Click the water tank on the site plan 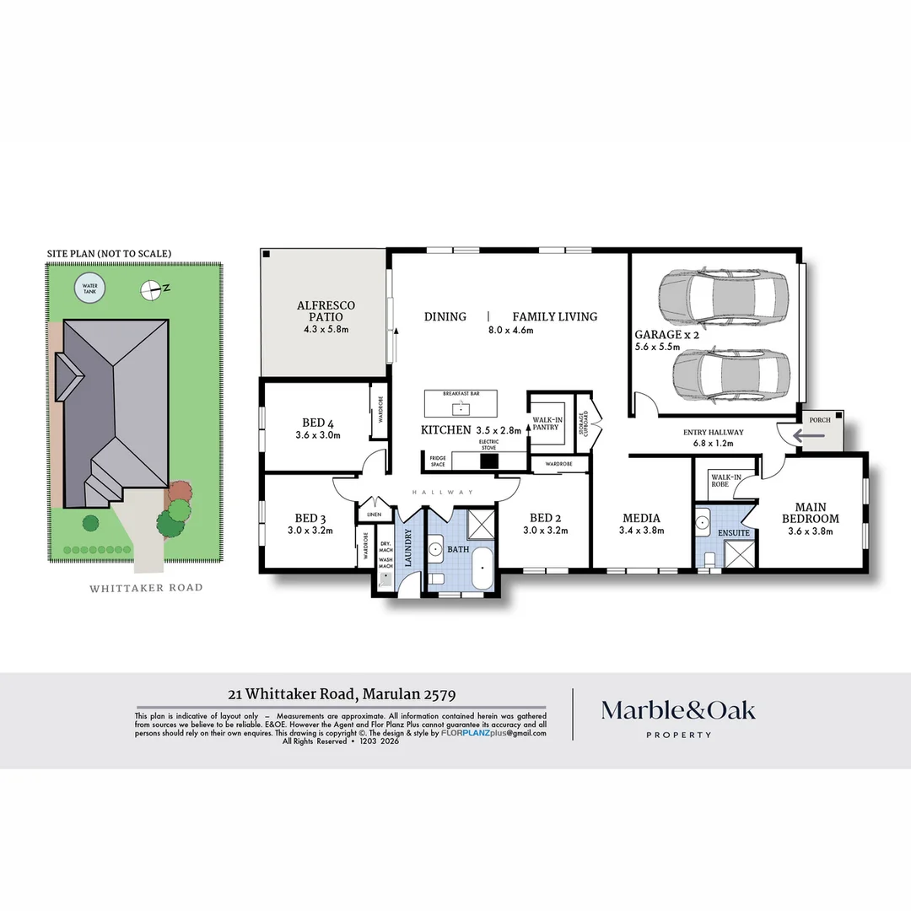(90, 290)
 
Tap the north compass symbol (150, 289)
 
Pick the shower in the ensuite (739, 553)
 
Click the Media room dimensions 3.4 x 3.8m (642, 531)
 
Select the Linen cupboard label (370, 515)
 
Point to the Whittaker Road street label (146, 588)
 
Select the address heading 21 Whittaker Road (342, 695)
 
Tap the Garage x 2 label (666, 334)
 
